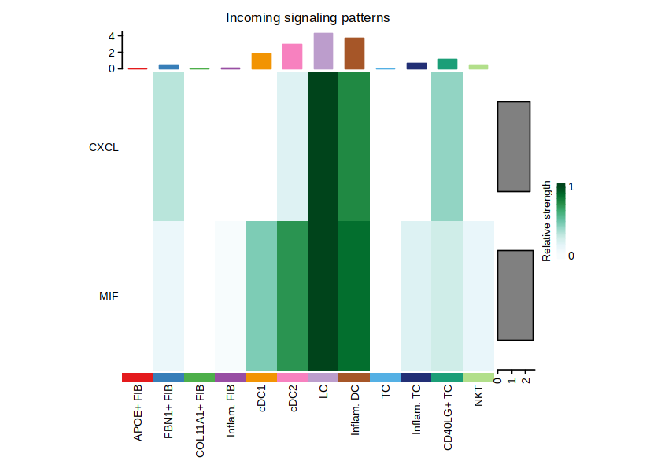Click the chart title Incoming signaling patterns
[308, 17]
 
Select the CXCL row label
[104, 147]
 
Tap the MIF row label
[109, 296]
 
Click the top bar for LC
[323, 51]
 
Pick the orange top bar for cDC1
[261, 61]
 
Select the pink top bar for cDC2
[292, 57]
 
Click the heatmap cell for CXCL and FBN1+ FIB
[168, 147]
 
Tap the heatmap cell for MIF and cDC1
[261, 296]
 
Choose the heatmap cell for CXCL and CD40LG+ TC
[447, 147]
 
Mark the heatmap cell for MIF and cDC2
[292, 296]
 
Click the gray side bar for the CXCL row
[514, 146]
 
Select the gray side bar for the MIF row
[514, 295]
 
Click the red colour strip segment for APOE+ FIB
[137, 378]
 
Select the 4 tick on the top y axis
[112, 36]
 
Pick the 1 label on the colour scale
[571, 187]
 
